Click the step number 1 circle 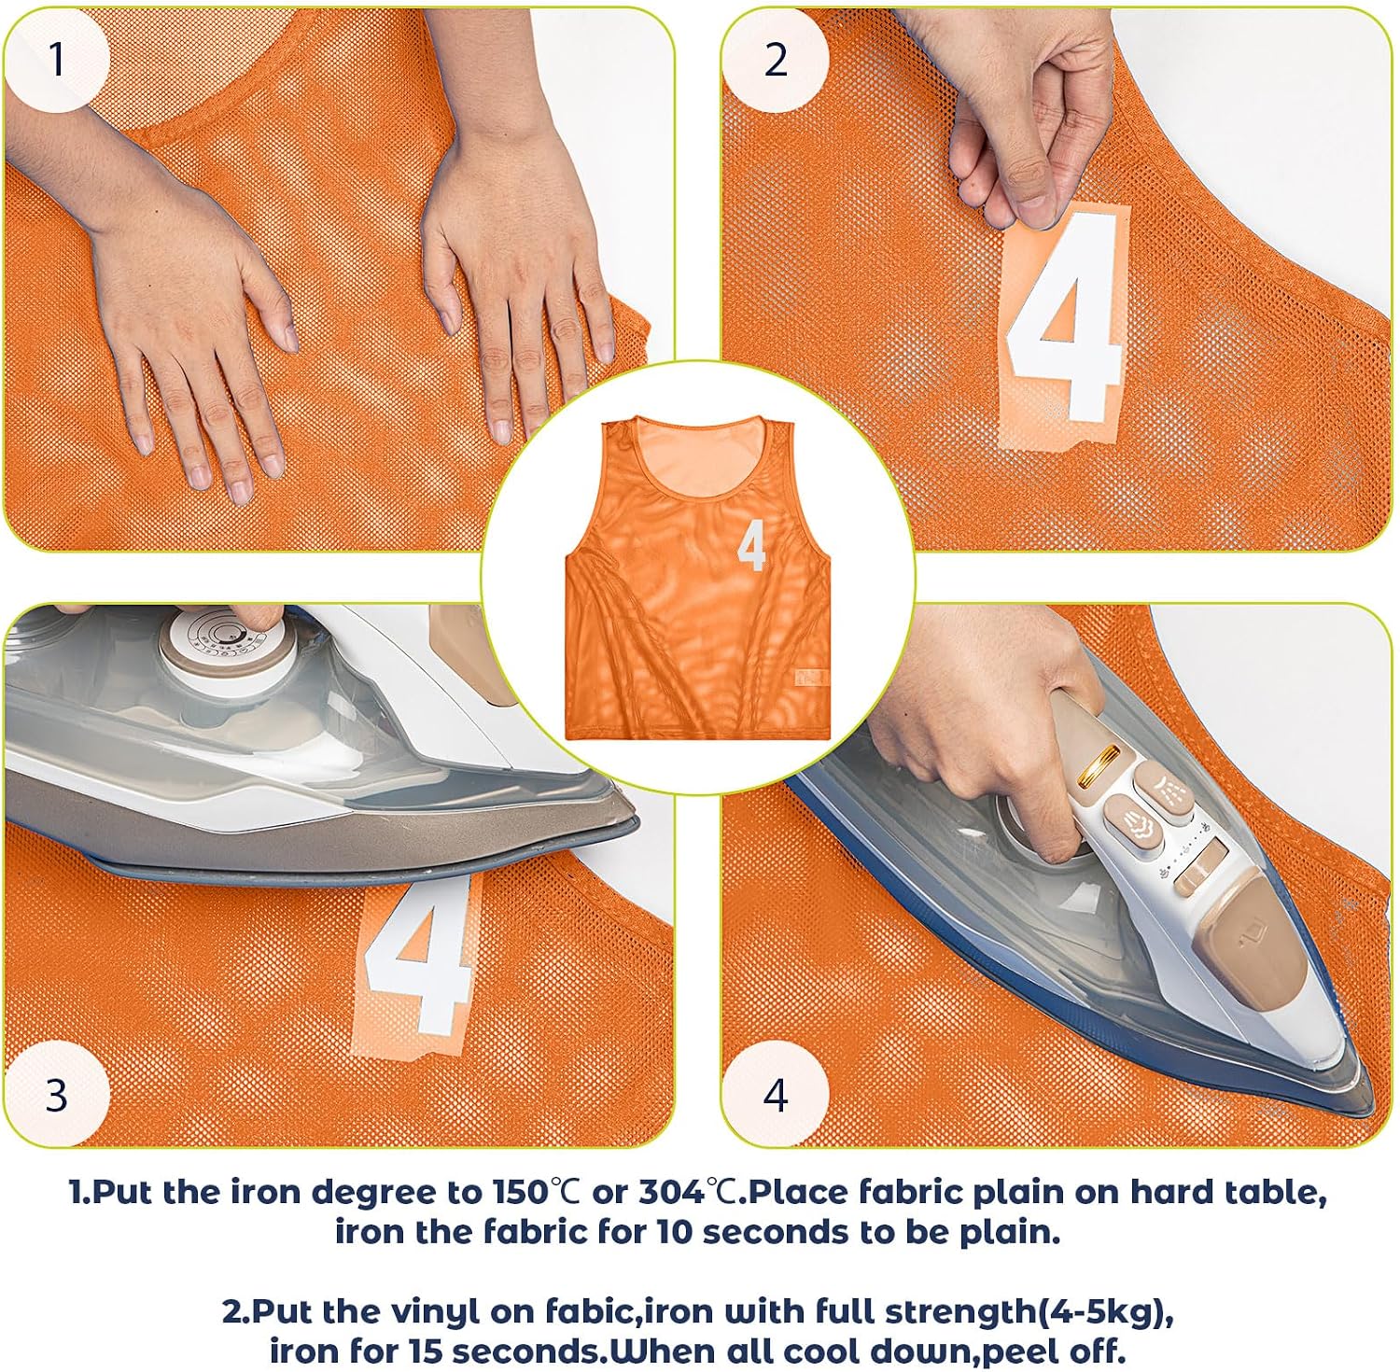coord(56,59)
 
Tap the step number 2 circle coord(775,59)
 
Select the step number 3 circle coord(56,1094)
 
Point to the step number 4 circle coord(775,1094)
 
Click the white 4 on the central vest coord(751,545)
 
